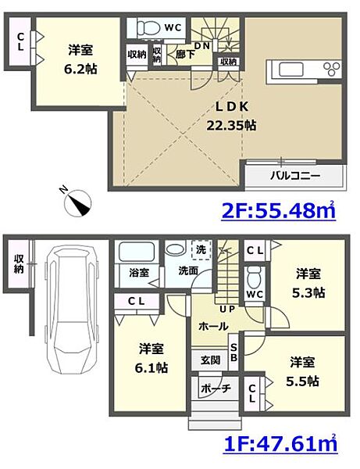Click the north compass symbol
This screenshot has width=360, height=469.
pos(77,202)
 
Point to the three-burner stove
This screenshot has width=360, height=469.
pos(332,69)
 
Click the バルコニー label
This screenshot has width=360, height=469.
pos(295,175)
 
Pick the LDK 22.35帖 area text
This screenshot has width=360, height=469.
pos(231,116)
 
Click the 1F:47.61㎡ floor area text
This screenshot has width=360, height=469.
pos(280,443)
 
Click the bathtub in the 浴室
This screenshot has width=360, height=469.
pos(137,252)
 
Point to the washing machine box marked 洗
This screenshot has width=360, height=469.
pos(201,249)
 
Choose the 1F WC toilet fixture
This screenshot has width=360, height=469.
pos(255,275)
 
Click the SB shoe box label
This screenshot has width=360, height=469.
pos(233,353)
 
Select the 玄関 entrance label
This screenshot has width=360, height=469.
pos(210,360)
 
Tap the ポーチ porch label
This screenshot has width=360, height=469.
pos(216,388)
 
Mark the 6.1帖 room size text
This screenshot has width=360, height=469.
pos(151,367)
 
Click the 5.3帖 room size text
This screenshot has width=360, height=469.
pos(308,293)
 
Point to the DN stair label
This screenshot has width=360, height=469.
pos(202,46)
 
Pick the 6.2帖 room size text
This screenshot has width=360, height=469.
pos(80,70)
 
